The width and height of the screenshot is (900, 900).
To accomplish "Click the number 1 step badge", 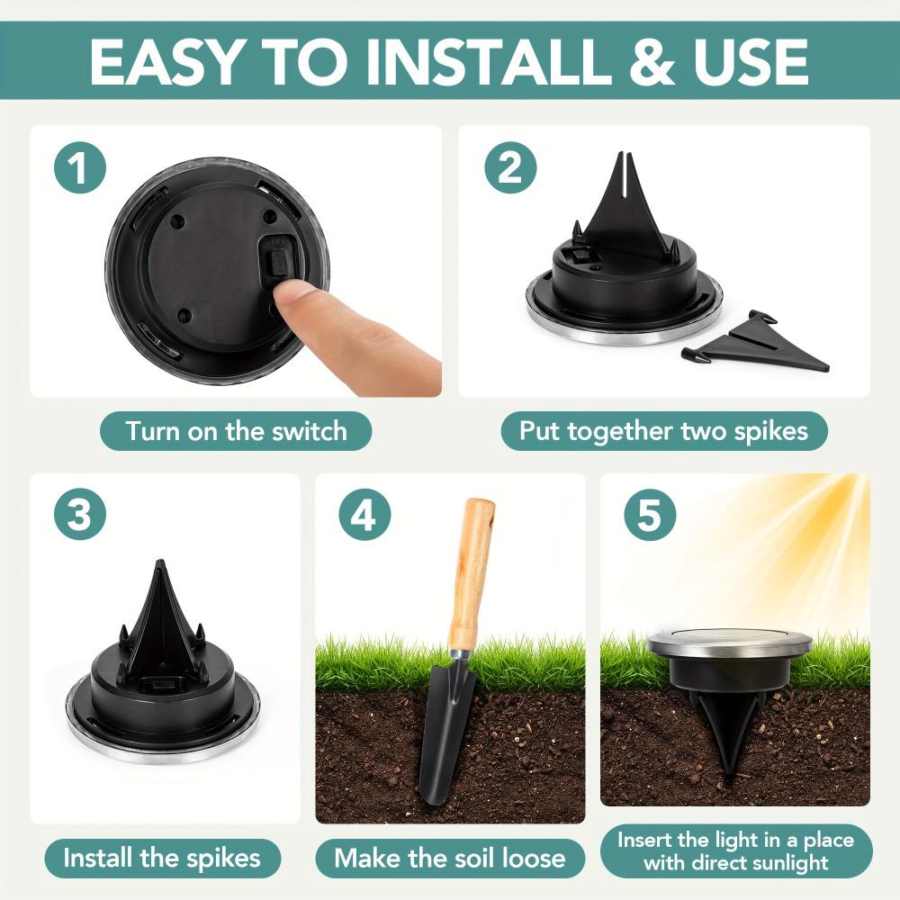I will pyautogui.click(x=80, y=170).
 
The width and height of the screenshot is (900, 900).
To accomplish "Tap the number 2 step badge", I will pyautogui.click(x=510, y=170).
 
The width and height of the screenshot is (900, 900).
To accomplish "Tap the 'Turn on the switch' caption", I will pyautogui.click(x=236, y=430).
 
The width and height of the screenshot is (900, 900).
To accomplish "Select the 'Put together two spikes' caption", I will pyautogui.click(x=663, y=430).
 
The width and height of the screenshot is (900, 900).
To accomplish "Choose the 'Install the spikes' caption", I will pyautogui.click(x=161, y=857).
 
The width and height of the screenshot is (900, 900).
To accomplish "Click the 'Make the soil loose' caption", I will pyautogui.click(x=449, y=857).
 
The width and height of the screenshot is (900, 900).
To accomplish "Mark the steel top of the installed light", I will pyautogui.click(x=729, y=641).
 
